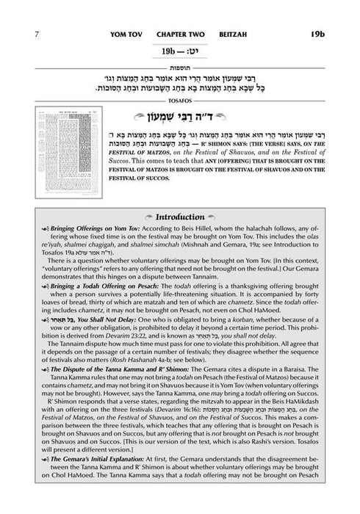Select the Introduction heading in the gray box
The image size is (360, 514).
click(181, 196)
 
